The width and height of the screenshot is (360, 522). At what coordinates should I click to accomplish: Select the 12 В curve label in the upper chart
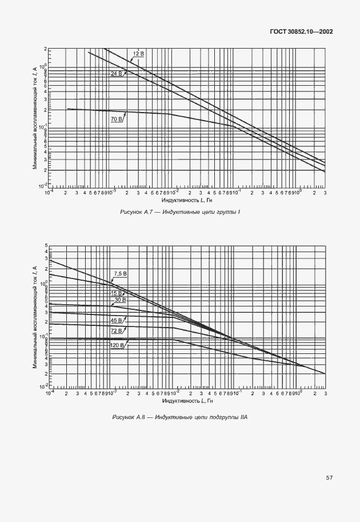pyautogui.click(x=138, y=54)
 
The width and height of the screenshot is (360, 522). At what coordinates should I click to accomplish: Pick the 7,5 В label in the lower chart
pyautogui.click(x=120, y=274)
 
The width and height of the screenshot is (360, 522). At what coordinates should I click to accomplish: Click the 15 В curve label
pyautogui.click(x=117, y=293)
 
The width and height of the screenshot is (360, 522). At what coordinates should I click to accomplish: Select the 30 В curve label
pyautogui.click(x=120, y=300)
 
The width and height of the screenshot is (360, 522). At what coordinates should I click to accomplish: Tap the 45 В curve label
pyautogui.click(x=117, y=321)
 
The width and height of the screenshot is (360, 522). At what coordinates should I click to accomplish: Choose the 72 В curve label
pyautogui.click(x=117, y=331)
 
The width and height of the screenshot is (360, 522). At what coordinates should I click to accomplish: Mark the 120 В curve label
pyautogui.click(x=118, y=345)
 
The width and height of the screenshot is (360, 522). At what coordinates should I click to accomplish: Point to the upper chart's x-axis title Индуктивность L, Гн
pyautogui.click(x=187, y=200)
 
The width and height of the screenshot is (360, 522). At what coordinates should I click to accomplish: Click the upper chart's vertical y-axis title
pyautogui.click(x=35, y=117)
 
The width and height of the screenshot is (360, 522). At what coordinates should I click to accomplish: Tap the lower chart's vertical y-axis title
pyautogui.click(x=35, y=317)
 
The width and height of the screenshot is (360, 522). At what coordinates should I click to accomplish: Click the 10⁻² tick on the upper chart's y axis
pyautogui.click(x=42, y=186)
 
